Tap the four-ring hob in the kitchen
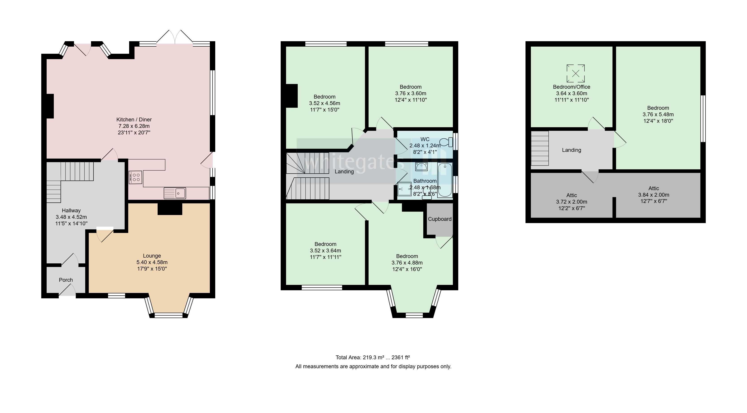(135, 177)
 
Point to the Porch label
(66, 280)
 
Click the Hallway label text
(71, 211)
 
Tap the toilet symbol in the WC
(446, 142)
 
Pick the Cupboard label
(440, 219)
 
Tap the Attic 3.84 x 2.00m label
(654, 195)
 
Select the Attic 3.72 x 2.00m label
(571, 202)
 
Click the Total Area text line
(373, 357)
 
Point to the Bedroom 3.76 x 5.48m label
(658, 114)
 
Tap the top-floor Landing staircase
(540, 148)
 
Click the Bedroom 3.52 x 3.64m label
(325, 251)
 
